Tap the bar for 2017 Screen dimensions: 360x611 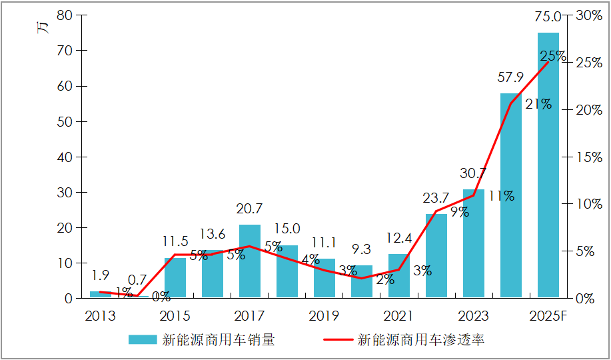tap(250, 261)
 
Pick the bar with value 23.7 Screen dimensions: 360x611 tap(436, 256)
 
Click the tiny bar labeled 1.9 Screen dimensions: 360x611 tap(100, 295)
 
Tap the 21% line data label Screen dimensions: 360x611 tap(538, 104)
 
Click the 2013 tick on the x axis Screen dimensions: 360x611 tap(100, 315)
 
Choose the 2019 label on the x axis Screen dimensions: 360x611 tap(324, 315)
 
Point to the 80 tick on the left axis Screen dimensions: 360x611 tap(65, 15)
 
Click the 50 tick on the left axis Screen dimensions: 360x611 tap(65, 122)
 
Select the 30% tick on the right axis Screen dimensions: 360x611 tap(590, 15)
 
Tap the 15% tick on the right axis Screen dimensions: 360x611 tap(590, 157)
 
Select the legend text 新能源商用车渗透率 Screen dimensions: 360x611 tap(421, 340)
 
